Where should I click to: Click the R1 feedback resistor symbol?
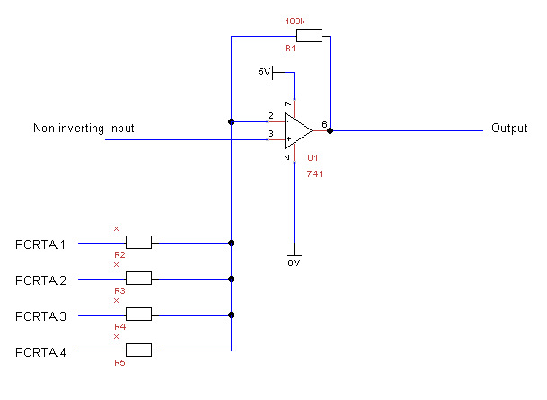click(309, 36)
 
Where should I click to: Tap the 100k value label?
click(296, 20)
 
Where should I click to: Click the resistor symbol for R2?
click(138, 243)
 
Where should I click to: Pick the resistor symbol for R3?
click(138, 279)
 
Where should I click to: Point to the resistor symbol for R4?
click(138, 315)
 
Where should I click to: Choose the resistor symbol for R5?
click(138, 351)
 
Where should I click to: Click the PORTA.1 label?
click(41, 244)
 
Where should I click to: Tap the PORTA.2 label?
click(41, 280)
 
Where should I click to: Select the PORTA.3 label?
click(41, 316)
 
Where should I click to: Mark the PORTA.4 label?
click(41, 351)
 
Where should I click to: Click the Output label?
click(509, 129)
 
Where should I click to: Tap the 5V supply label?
click(264, 72)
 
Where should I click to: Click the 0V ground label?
click(293, 262)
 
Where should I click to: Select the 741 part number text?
click(314, 173)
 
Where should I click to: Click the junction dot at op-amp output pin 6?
click(331, 130)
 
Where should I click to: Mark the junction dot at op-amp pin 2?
click(232, 121)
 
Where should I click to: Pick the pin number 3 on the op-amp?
click(270, 134)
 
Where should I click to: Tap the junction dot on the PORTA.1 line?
click(232, 243)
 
